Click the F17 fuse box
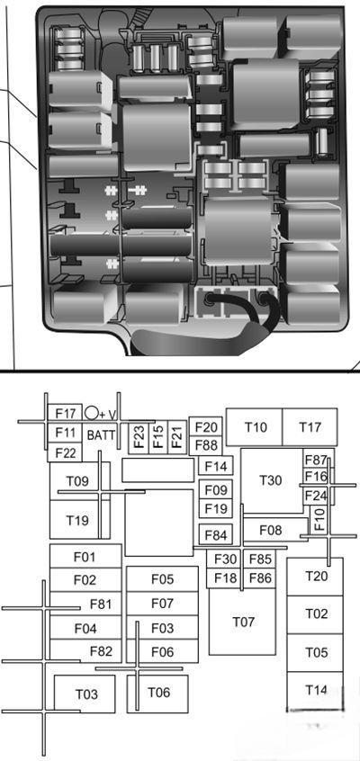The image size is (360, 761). coord(65,414)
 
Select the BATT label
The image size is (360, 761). coord(101,434)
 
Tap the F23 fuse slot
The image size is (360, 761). coord(139,437)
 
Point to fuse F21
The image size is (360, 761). coord(176,437)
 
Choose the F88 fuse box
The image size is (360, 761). coord(205,445)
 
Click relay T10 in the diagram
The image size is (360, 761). coord(255,427)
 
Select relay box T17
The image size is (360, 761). coord(310,427)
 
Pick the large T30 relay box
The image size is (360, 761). coord(272,480)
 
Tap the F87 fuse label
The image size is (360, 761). coord(316,460)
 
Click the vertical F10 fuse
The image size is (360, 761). coord(319,519)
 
